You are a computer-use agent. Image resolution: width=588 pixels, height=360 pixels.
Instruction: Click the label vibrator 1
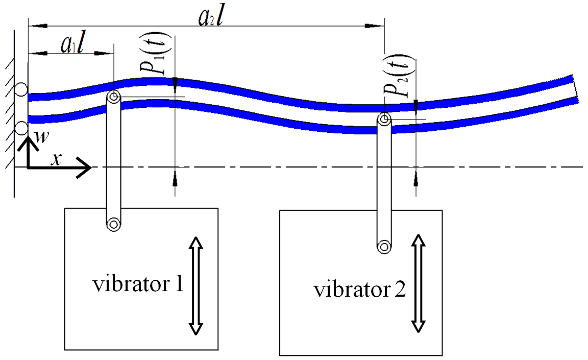coord(138,284)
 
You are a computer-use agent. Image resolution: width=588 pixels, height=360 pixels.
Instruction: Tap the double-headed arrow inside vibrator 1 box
coord(196,286)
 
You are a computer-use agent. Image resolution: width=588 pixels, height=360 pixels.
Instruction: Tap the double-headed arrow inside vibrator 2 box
coord(418,283)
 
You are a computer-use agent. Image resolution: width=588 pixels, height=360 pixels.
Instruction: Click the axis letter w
coord(36,133)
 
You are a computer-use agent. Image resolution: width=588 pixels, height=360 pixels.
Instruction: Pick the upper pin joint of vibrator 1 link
coord(113,97)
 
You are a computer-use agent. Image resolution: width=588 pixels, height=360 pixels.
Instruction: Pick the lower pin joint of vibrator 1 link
coord(113,223)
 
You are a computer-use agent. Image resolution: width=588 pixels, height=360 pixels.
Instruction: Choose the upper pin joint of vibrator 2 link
coord(384,120)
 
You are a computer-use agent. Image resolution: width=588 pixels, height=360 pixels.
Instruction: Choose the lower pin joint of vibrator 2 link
coord(384,246)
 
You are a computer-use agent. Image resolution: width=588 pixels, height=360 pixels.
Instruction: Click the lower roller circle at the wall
coord(22,127)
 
